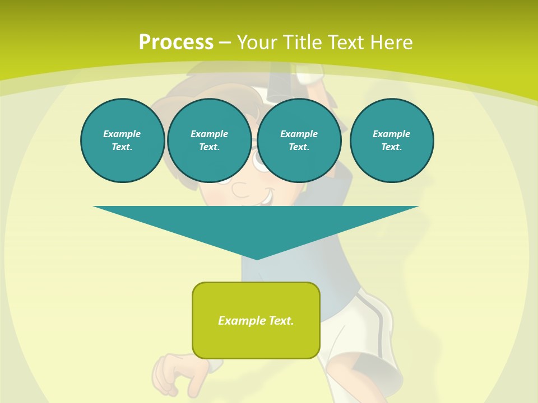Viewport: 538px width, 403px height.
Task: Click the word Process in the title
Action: click(x=175, y=43)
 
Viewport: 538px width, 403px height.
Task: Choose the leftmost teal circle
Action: click(x=122, y=140)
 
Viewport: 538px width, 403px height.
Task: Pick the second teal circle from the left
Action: click(x=209, y=140)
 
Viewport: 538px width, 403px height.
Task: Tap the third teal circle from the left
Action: click(x=299, y=140)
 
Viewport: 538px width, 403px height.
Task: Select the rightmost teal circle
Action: click(x=392, y=140)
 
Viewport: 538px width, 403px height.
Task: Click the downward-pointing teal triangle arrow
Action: click(x=256, y=224)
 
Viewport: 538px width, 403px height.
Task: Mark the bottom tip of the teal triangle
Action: click(x=257, y=258)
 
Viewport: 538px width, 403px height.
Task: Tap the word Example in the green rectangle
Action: click(x=242, y=321)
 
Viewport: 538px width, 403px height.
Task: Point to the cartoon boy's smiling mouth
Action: click(x=265, y=196)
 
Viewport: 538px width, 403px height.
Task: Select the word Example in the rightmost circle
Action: click(x=391, y=134)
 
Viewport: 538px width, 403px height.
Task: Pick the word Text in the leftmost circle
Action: click(x=122, y=147)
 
